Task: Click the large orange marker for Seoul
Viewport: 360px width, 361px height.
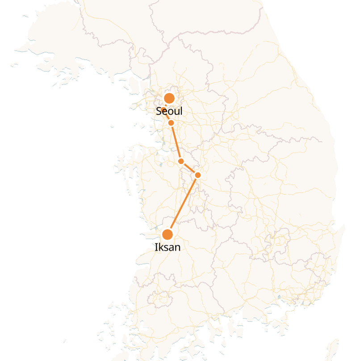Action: pos(169,98)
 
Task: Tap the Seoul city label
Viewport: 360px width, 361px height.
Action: pos(169,111)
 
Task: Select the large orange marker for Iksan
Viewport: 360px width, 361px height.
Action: pos(167,235)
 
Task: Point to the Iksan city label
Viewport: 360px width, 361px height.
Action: pos(168,247)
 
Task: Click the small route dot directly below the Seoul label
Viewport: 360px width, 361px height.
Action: pos(171,123)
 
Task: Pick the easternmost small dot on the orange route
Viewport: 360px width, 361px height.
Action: pos(198,175)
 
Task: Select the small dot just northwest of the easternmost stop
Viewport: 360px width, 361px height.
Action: pos(181,161)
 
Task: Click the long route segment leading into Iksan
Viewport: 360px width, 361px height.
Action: pos(183,205)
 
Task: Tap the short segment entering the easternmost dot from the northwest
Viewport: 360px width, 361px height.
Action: pos(189,168)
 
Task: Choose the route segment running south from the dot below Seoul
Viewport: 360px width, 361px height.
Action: pos(176,142)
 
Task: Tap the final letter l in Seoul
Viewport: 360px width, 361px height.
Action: pos(181,110)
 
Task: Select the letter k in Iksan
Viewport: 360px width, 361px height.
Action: pos(160,247)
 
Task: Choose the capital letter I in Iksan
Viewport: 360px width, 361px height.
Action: pos(156,247)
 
